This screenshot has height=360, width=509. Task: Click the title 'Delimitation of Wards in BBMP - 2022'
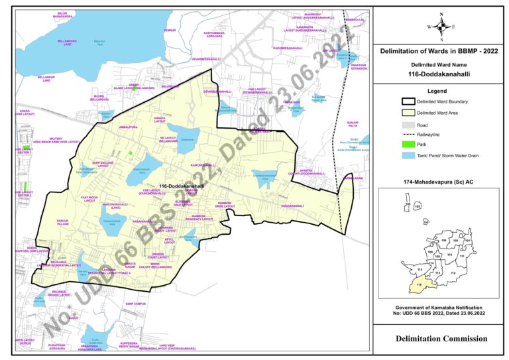pos(439,51)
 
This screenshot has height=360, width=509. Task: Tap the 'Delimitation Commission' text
pos(441,339)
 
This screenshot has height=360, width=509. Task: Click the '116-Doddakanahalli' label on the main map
pos(181,186)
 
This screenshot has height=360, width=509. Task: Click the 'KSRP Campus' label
pos(135,304)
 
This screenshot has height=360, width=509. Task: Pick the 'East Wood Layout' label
pos(89,199)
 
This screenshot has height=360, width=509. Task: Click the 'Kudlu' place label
pos(73,318)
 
